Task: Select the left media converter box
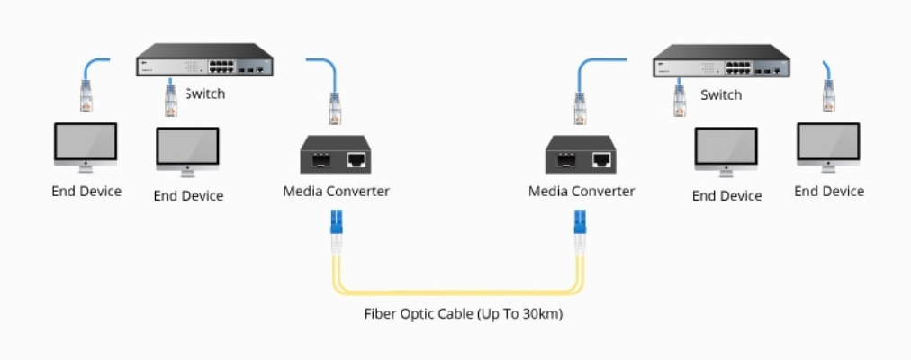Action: coord(336,155)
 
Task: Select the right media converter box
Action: coord(581,155)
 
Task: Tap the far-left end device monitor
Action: coord(86,145)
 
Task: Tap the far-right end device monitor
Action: coord(828,145)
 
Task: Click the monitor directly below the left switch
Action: coord(187,149)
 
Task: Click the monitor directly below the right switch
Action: coord(726,149)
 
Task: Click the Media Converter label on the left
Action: coord(336,191)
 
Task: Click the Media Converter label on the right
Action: coord(581,191)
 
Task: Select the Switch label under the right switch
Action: coord(721,94)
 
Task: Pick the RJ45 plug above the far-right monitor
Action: coord(828,96)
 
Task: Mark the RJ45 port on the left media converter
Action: coord(357,160)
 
